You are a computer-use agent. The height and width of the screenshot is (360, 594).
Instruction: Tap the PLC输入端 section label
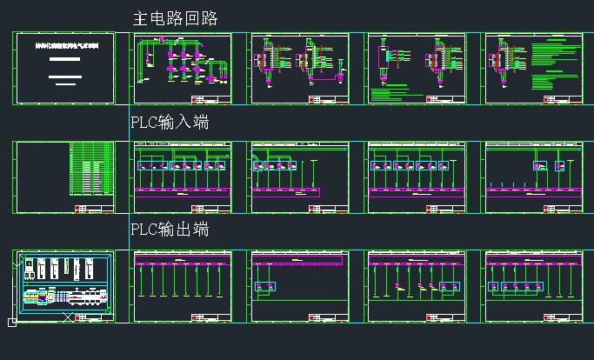click(170, 123)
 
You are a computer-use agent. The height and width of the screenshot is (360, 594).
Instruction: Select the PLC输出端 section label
click(170, 230)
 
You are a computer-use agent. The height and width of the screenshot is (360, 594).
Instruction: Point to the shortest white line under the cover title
click(65, 84)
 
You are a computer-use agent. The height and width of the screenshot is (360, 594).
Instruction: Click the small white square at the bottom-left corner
click(12, 323)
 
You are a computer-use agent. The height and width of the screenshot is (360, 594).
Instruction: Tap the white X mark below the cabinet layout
click(68, 317)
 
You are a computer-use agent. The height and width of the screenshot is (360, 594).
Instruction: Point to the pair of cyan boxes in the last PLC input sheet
click(548, 166)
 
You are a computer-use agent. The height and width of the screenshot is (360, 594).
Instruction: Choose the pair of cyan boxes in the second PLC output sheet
click(264, 286)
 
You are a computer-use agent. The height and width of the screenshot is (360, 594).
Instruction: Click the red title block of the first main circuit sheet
click(217, 101)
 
